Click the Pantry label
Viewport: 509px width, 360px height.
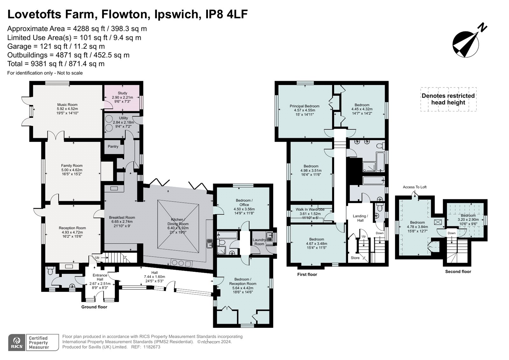coord(113,146)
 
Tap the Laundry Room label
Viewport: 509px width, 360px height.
coord(259,242)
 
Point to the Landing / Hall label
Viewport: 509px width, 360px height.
coord(360,218)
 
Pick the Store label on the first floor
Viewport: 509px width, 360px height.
coord(355,258)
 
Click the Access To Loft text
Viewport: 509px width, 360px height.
coord(415,187)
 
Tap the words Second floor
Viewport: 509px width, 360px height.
coord(458,272)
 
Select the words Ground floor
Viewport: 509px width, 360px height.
coord(94,307)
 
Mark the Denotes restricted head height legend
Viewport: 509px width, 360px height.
coord(448,99)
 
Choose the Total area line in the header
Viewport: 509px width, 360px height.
coord(56,64)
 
